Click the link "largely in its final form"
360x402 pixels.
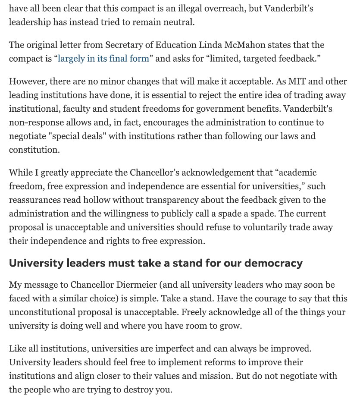tap(103, 59)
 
